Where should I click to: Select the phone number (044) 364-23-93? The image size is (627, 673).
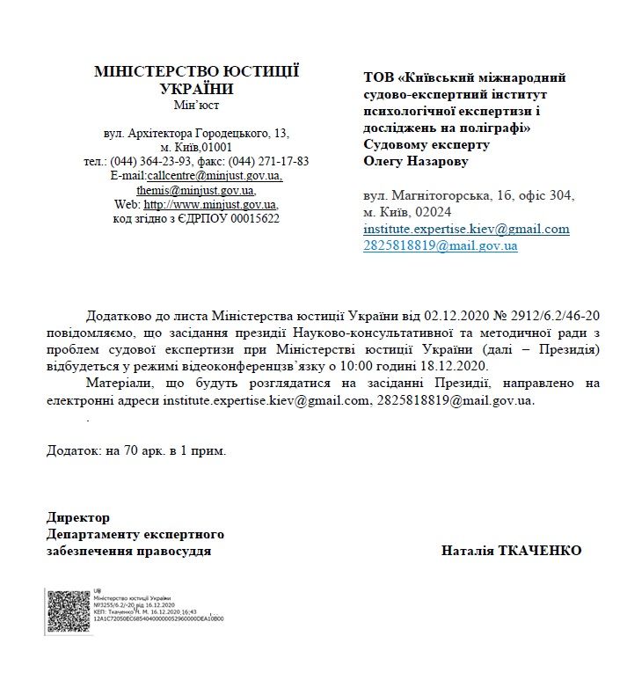pos(149,161)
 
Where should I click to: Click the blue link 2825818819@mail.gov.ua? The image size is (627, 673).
pos(441,246)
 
